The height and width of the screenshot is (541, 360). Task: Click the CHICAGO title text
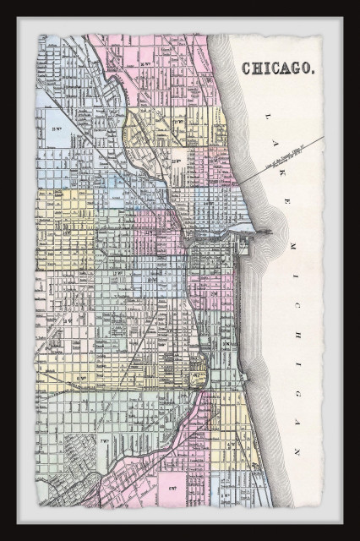tap(278, 69)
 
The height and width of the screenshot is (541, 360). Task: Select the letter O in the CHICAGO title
tap(307, 69)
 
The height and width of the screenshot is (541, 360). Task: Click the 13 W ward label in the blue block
tap(57, 128)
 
